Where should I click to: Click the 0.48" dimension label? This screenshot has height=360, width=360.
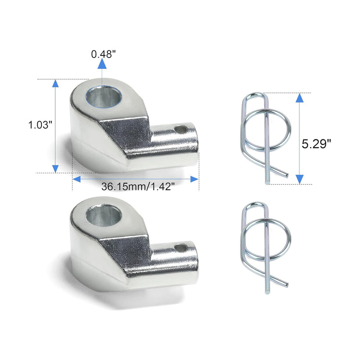point(103,54)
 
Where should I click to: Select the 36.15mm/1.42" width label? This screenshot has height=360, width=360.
point(135,187)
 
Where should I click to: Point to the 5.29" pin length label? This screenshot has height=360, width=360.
point(316,144)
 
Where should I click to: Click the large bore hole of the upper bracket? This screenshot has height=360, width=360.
point(104,96)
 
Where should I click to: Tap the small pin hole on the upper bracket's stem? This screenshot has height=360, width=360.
point(181,130)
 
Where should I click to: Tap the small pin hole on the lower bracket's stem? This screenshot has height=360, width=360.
point(181,247)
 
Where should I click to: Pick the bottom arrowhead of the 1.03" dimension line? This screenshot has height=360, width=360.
point(55,168)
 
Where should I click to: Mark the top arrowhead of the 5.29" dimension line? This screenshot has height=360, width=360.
point(299,98)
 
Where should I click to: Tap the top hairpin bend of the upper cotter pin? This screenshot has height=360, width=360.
point(256,94)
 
